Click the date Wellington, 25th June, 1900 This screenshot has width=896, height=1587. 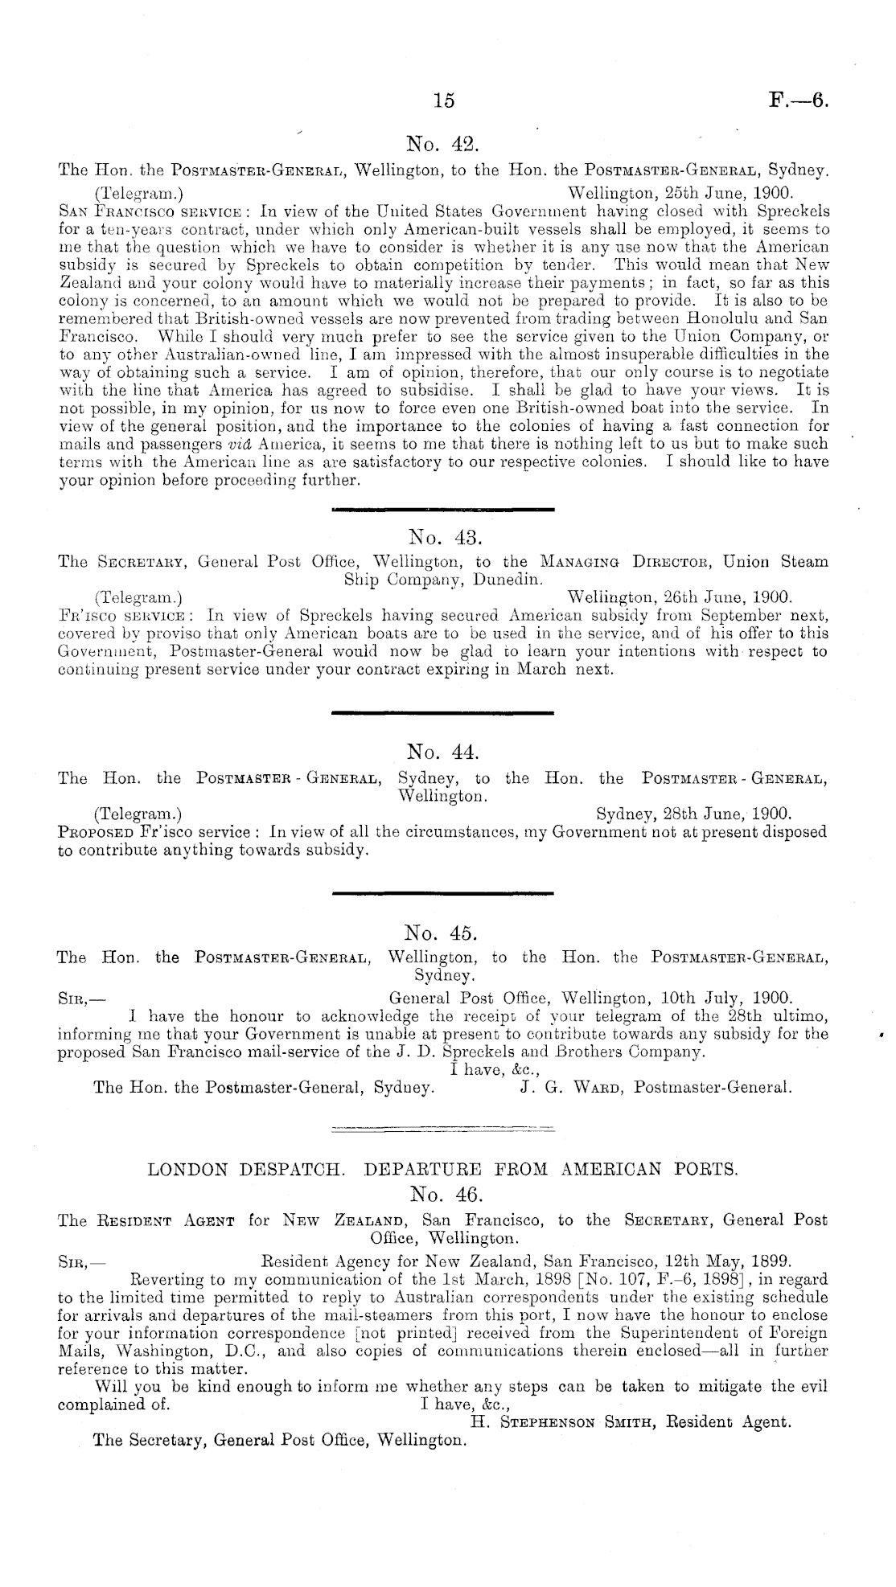680,193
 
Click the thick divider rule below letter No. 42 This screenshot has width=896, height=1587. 443,508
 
